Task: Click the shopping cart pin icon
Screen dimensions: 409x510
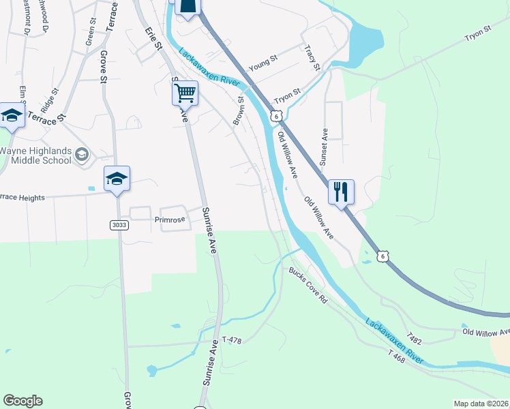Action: (x=185, y=93)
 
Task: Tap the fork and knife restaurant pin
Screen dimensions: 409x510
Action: (x=341, y=191)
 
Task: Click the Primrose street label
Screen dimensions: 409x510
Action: (x=170, y=219)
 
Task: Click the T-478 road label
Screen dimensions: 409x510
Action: (x=232, y=339)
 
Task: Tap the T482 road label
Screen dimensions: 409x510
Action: (x=414, y=337)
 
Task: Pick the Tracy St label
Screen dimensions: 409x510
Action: (x=312, y=57)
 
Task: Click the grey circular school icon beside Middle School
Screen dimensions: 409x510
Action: (x=82, y=155)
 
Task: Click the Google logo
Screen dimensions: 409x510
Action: (x=22, y=401)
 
